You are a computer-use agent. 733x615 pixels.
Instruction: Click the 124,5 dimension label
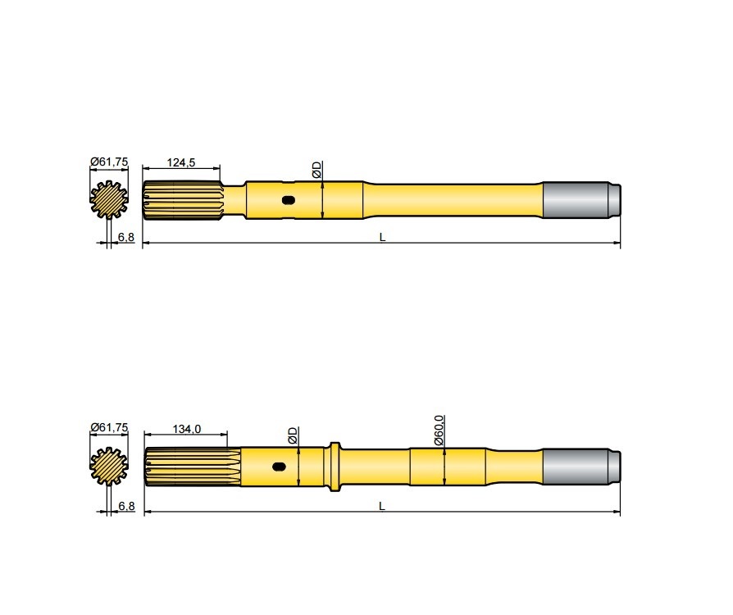pos(181,162)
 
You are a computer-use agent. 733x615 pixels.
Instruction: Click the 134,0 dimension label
pos(187,429)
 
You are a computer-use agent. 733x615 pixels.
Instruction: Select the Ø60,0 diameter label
pos(439,430)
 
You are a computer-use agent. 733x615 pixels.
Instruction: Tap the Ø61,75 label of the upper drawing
pos(108,162)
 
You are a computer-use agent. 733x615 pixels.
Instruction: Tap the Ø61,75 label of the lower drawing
pos(108,428)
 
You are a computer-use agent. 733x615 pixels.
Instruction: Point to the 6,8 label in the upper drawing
pos(126,237)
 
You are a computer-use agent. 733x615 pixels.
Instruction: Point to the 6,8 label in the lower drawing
pos(126,506)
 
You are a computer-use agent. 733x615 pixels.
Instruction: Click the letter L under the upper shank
pos(382,237)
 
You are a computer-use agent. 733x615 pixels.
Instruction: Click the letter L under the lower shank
pos(382,506)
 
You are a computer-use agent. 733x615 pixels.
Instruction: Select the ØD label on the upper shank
pos(317,170)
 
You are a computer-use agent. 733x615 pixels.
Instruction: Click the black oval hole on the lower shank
pos(279,467)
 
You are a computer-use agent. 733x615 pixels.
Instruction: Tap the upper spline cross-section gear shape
pos(107,199)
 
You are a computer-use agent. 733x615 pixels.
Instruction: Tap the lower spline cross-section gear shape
pos(107,466)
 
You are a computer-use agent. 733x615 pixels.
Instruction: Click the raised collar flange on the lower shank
pos(335,467)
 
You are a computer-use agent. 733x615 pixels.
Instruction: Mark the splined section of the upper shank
pos(182,200)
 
